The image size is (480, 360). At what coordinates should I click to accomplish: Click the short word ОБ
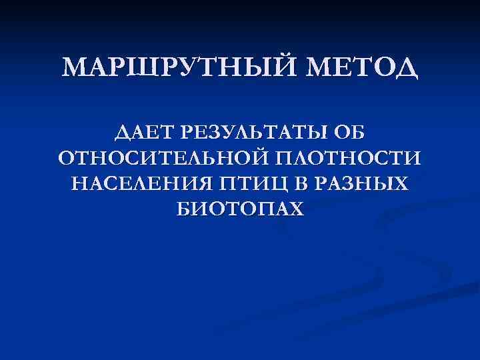point(350,133)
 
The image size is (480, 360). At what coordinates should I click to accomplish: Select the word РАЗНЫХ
point(351,184)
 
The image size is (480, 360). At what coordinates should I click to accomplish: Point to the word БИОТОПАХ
point(240,209)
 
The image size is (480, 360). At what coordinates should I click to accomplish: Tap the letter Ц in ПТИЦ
point(257,185)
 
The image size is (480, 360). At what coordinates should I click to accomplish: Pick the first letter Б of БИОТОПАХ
point(184,209)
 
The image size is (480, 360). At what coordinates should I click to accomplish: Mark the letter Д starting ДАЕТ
point(121,133)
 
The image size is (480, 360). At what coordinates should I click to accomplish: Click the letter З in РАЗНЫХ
point(337,184)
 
